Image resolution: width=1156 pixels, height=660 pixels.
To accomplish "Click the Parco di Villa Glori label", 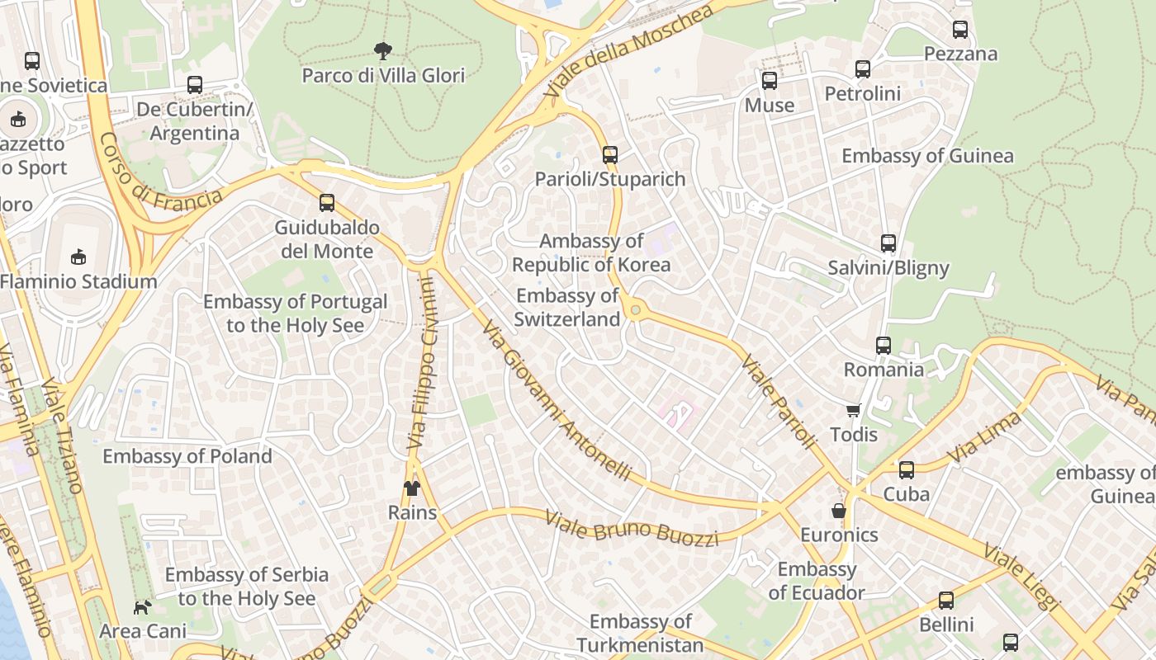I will (x=383, y=75).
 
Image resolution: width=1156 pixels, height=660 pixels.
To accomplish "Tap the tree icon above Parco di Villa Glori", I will (x=382, y=52).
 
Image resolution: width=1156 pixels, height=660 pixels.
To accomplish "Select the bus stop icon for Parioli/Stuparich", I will (x=609, y=155).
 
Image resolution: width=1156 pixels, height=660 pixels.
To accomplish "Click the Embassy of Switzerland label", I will (x=567, y=307).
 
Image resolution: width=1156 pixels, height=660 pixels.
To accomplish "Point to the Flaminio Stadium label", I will (x=78, y=281).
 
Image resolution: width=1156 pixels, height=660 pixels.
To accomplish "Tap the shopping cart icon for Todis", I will (x=853, y=410).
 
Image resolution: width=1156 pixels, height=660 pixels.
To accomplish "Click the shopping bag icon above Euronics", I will (x=839, y=511).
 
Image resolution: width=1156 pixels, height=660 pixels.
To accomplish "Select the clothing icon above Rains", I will (x=412, y=488).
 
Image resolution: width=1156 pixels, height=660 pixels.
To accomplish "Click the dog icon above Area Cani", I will (x=143, y=608).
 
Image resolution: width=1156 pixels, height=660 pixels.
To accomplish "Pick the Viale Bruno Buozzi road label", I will (x=631, y=526).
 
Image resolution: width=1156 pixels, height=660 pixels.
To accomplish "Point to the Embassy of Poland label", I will (x=187, y=456).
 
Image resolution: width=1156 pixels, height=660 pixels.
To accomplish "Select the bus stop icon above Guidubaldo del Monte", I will (x=327, y=203).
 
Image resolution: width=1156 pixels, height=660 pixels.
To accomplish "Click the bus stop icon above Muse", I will (x=770, y=81).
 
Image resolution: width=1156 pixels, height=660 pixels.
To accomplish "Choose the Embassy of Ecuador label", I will (x=817, y=581).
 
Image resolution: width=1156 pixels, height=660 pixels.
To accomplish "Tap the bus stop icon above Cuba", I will (x=907, y=470).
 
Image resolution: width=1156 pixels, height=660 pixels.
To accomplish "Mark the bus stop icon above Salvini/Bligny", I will (x=888, y=243).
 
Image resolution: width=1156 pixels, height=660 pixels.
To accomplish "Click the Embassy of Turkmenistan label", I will (x=640, y=633).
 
